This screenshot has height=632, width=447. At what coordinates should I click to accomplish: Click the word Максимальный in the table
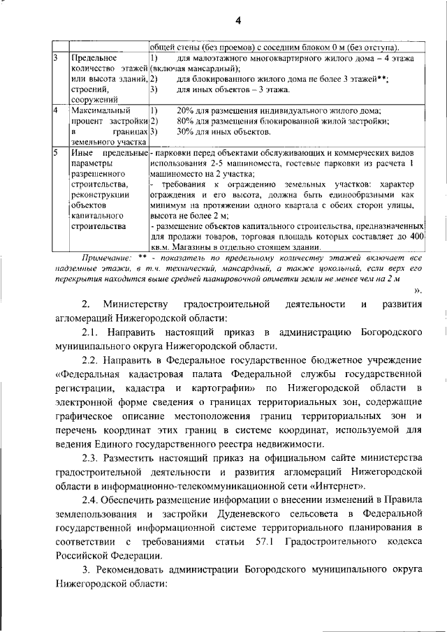point(97,111)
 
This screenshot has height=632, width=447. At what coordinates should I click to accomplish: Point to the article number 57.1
point(262,542)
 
